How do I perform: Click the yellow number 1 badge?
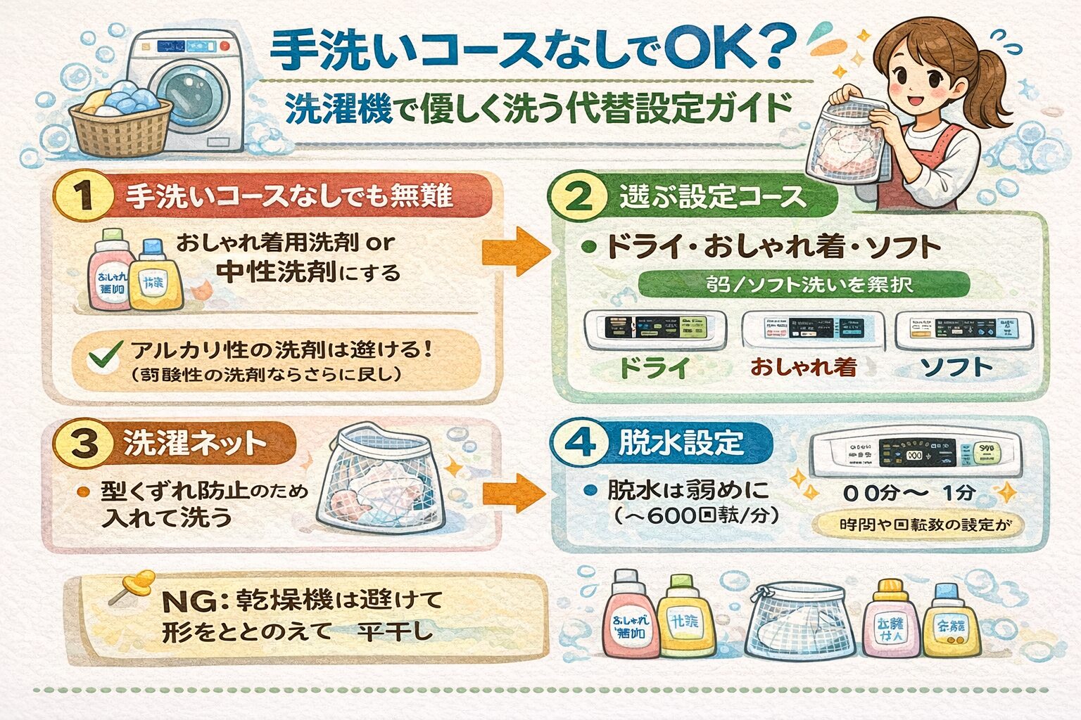click(85, 196)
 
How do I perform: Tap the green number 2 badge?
click(579, 196)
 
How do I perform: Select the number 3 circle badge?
click(84, 444)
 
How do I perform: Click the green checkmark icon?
click(103, 358)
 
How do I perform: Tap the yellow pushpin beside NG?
click(137, 583)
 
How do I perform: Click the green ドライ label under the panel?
click(655, 368)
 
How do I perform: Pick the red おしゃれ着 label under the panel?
click(803, 367)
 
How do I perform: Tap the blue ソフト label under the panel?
click(956, 367)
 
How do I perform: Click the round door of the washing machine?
click(189, 96)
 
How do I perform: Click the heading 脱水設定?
click(681, 443)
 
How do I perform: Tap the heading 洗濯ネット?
click(195, 444)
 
